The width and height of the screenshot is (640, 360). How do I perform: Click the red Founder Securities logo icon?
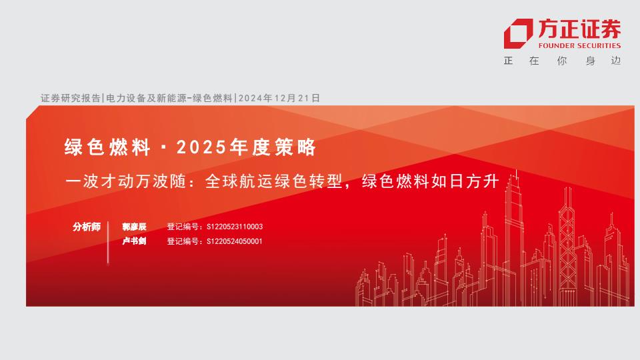tap(518, 33)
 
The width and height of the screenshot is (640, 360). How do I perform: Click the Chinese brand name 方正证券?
tap(579, 29)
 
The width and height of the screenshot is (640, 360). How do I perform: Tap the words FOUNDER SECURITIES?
tap(579, 46)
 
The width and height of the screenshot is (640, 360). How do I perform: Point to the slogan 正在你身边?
tap(562, 61)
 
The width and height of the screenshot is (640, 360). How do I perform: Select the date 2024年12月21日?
tap(279, 98)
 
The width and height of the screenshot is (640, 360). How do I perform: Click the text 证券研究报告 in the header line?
tap(70, 98)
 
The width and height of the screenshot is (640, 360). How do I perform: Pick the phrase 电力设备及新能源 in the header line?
tap(146, 98)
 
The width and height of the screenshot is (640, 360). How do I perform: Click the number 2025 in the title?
tap(201, 147)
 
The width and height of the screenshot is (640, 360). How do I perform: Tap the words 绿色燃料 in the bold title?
tap(107, 147)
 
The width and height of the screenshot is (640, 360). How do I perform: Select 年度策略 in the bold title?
tap(273, 147)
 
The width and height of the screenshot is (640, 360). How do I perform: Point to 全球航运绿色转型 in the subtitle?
tap(273, 181)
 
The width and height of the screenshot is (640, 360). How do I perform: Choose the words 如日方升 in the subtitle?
tap(465, 181)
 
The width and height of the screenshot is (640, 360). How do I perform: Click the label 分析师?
tap(87, 227)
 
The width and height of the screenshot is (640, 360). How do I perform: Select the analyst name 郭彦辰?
tap(134, 227)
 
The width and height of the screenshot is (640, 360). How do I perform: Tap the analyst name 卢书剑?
tap(134, 241)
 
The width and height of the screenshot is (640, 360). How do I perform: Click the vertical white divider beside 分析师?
tap(108, 243)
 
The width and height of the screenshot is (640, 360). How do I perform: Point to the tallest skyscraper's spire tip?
tap(516, 170)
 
